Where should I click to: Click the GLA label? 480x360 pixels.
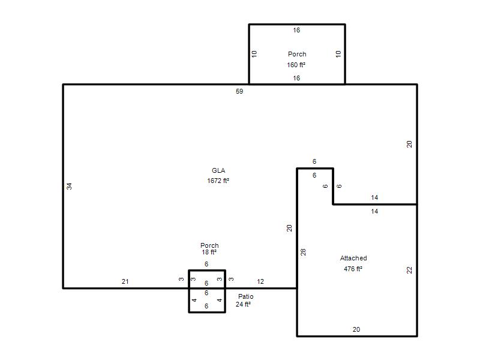coord(218,170)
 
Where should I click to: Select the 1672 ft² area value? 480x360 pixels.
coord(218,181)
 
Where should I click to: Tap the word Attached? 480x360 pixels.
coord(353,258)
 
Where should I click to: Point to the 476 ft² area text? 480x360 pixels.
coord(353,269)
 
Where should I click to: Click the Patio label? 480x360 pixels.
coord(245,296)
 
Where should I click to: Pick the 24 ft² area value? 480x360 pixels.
coord(243,304)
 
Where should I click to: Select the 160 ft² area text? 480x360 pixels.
coord(296,65)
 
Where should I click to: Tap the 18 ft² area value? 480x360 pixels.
coord(209,252)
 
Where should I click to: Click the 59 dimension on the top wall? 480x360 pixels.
coord(239,91)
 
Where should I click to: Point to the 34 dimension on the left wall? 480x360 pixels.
coord(70,186)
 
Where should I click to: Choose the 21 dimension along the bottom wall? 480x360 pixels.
coord(125,281)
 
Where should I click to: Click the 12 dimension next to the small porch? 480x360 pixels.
coord(260,281)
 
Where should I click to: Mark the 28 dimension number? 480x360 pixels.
coord(303,252)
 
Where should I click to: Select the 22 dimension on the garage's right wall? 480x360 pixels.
coord(409,270)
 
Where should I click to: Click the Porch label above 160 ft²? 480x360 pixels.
coord(297,54)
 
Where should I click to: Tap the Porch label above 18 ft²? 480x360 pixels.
coord(209,245)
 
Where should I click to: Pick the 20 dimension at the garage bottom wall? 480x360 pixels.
coord(356,329)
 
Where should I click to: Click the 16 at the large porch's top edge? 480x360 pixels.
coord(296,30)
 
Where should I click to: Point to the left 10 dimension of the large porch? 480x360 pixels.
coord(254,54)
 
